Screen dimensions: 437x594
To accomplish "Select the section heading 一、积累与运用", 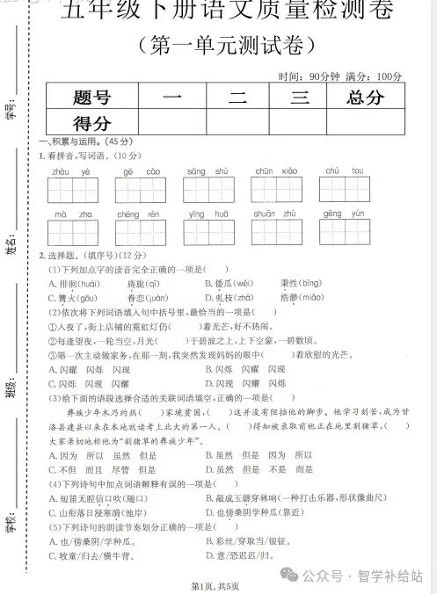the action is pyautogui.click(x=84, y=141).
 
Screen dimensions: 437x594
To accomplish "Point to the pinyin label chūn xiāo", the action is pyautogui.click(x=275, y=171).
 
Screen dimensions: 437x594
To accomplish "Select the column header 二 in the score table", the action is pyautogui.click(x=237, y=98).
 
